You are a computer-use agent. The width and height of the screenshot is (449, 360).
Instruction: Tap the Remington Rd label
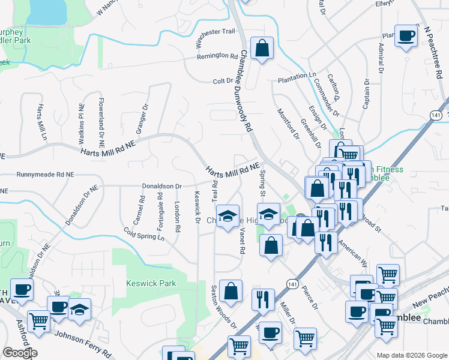coord(218,56)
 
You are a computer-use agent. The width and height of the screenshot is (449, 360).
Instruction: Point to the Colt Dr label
coord(222,81)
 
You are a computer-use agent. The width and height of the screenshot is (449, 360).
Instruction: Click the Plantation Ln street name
coord(297,77)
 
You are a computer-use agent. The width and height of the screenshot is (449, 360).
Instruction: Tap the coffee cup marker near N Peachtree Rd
coord(406,37)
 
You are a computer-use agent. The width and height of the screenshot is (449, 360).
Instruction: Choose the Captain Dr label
coord(366,94)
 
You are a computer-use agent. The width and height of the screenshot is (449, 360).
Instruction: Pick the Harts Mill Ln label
coord(41,122)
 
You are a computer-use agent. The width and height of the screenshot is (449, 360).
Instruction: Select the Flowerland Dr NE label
coord(101,123)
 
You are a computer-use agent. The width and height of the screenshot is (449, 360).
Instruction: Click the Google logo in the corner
coord(19,353)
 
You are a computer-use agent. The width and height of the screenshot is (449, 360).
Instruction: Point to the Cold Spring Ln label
coord(143,233)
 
